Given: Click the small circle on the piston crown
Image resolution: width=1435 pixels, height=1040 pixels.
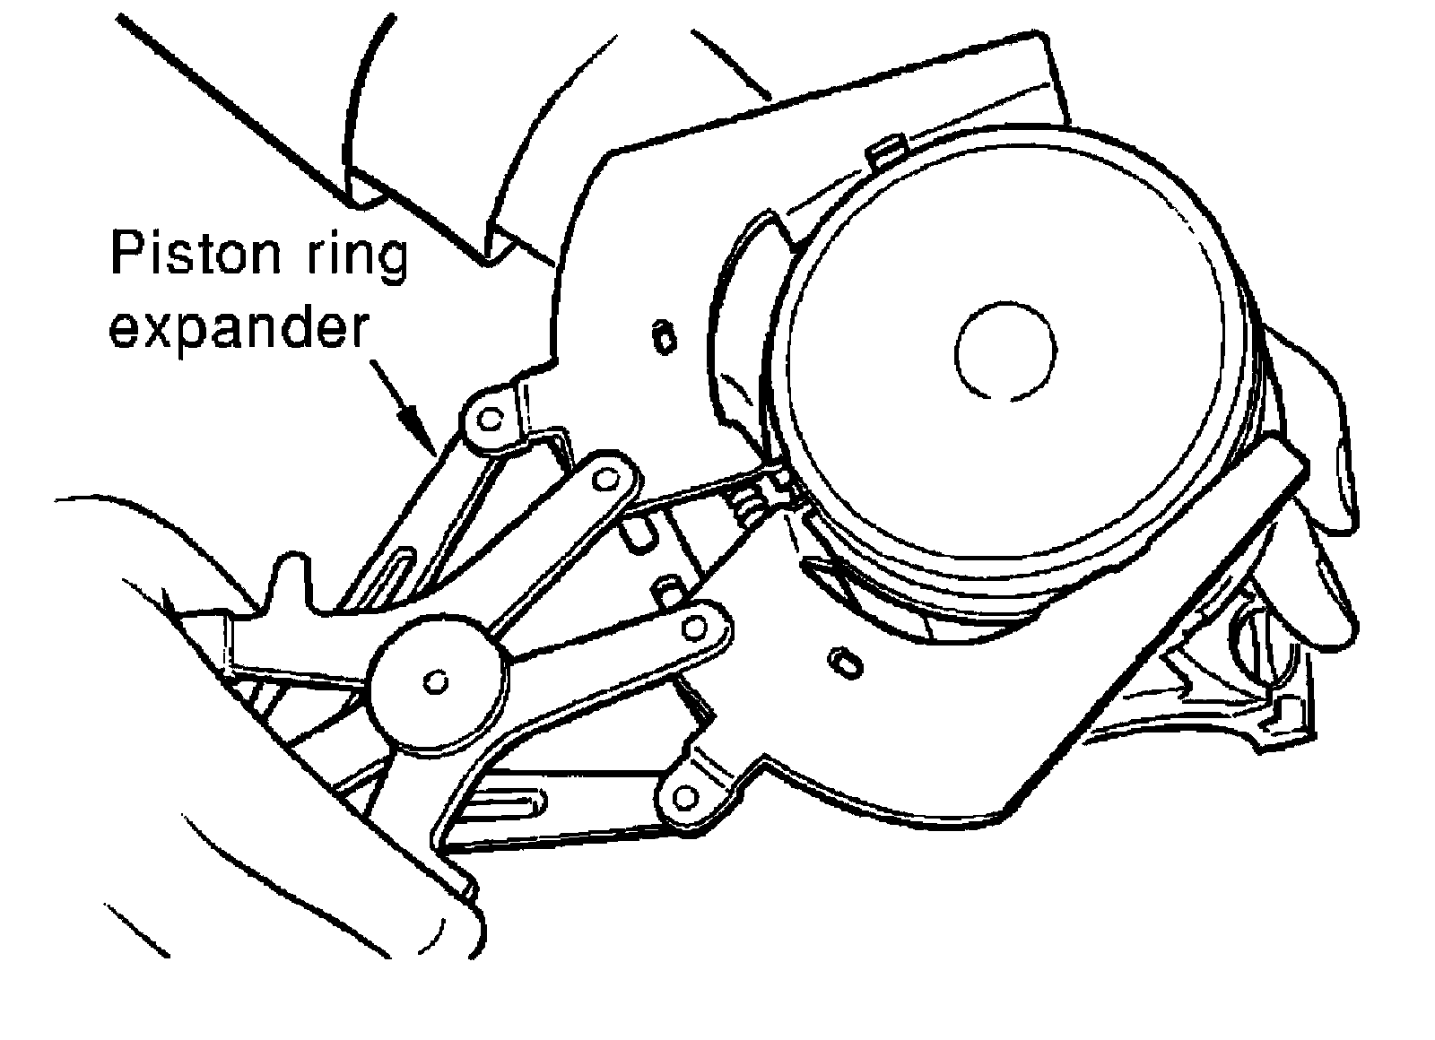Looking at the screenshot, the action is pos(1005,349).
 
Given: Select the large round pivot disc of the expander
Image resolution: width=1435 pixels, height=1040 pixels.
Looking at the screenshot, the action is pos(437,679).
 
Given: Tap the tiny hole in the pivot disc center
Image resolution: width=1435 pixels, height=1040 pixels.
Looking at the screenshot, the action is pos(436,681).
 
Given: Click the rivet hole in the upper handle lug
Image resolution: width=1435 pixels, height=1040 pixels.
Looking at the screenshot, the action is pos(489,418).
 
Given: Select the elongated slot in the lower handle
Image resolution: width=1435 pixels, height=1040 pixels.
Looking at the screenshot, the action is pos(507,804).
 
